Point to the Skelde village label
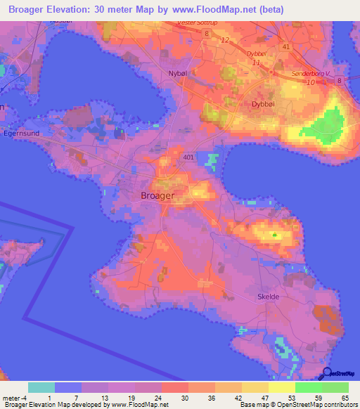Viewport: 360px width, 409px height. coord(264,297)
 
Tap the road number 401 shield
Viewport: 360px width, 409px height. coord(188,156)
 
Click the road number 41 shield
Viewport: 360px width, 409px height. coord(285,46)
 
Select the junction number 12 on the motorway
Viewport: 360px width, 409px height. coord(225,39)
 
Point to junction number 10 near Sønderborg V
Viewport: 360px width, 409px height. coord(310,83)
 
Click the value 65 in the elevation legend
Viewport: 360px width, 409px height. coord(344,397)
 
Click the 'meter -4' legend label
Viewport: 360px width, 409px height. coord(13,397)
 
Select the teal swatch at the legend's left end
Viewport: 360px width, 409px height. coord(41,387)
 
